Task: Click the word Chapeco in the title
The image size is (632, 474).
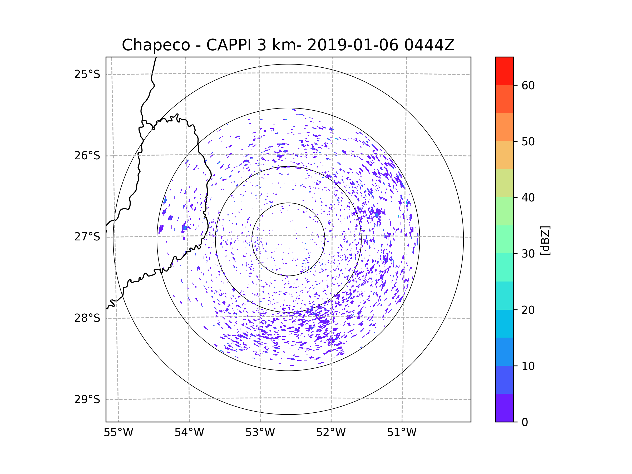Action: tap(156, 45)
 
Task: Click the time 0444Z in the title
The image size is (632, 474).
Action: tap(429, 45)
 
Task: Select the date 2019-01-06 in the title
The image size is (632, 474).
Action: tap(353, 45)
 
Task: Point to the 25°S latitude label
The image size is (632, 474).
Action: tap(87, 74)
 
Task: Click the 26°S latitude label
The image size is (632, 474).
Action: tap(87, 156)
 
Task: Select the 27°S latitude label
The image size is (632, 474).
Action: tap(87, 237)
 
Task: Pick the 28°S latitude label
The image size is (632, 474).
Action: tap(87, 318)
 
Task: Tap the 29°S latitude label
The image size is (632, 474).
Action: tap(87, 399)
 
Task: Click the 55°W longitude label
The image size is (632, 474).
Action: tap(118, 433)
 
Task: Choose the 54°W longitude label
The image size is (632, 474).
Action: tap(189, 433)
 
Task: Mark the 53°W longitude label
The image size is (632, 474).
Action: tap(260, 433)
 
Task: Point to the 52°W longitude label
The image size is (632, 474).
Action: tap(331, 433)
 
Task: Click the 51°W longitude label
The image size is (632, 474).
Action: tap(402, 433)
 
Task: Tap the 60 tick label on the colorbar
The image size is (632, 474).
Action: tap(528, 85)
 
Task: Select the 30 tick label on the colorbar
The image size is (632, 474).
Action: tap(528, 254)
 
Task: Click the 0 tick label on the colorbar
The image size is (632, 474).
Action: tap(525, 422)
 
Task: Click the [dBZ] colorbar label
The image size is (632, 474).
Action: tap(545, 240)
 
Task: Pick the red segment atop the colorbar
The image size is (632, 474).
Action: tap(504, 71)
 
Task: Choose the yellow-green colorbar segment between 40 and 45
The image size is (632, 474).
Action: tap(504, 183)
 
